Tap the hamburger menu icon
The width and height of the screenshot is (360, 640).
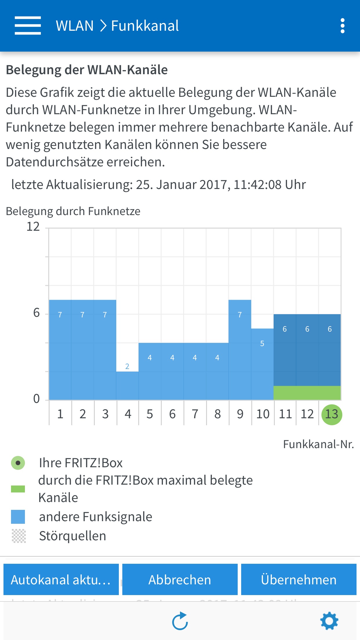[x=28, y=26]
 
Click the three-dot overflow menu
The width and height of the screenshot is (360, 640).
[x=342, y=26]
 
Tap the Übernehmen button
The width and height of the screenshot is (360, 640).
[x=299, y=580]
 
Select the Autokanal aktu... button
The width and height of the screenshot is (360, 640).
[x=61, y=580]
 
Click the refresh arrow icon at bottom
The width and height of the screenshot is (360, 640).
[x=180, y=621]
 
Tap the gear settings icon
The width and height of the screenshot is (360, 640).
[x=329, y=621]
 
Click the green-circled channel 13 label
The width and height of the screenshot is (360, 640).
[x=332, y=414]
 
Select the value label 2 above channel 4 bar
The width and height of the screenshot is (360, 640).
[x=127, y=366]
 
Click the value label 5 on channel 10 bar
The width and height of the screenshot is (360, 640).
[x=262, y=343]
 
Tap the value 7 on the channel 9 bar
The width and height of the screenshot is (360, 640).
[x=240, y=315]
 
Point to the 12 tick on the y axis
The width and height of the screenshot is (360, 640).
[x=33, y=226]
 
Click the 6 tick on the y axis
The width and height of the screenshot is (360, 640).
[x=37, y=313]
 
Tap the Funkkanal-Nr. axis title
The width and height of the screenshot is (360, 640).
[x=318, y=444]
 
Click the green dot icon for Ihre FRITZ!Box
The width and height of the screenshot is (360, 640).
[x=18, y=463]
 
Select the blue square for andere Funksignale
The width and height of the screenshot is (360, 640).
[x=18, y=517]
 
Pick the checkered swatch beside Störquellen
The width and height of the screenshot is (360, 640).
[x=19, y=536]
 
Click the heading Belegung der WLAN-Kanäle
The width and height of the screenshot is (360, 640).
[x=87, y=70]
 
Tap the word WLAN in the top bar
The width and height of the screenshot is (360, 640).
[x=75, y=26]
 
